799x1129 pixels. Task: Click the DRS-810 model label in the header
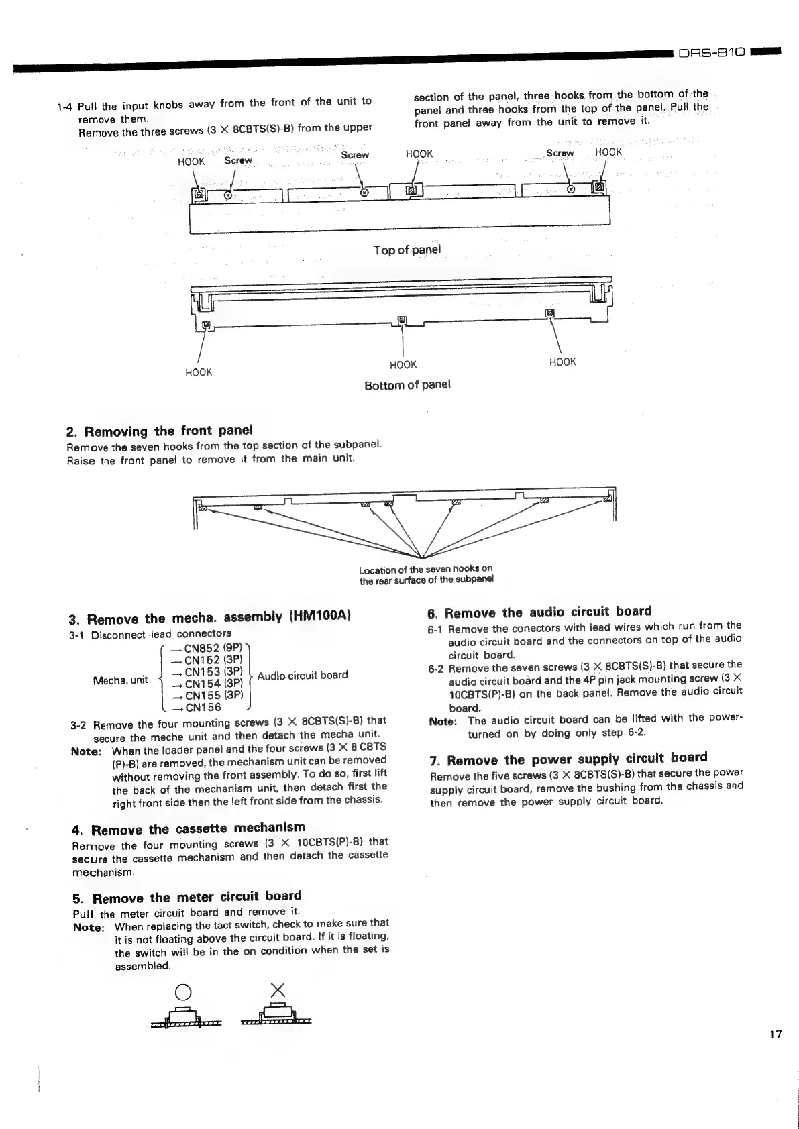coord(712,52)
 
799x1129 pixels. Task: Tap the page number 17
coord(775,1034)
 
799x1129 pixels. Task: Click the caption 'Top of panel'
coord(407,250)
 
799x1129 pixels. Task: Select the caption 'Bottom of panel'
coord(407,385)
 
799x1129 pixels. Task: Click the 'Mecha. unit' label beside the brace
coord(121,680)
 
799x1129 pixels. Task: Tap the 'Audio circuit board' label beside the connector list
coord(303,675)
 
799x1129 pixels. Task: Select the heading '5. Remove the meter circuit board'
coord(187,897)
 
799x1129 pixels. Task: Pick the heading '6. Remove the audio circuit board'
coord(539,612)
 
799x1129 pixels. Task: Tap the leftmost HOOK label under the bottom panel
coord(198,372)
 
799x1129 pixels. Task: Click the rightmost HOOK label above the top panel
coord(608,152)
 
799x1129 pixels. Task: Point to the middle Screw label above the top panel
coord(355,155)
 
